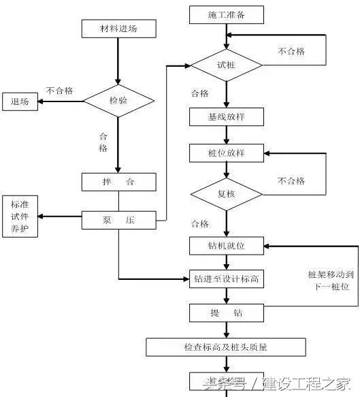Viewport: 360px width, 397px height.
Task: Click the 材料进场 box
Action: tap(118, 29)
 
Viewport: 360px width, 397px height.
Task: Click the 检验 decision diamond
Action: tap(118, 100)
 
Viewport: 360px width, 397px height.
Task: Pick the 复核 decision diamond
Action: tap(225, 193)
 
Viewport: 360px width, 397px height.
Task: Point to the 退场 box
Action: tap(20, 101)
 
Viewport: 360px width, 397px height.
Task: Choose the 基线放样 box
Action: tap(225, 116)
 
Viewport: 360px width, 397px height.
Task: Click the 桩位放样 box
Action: tap(225, 153)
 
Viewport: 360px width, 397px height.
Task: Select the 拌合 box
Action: tap(118, 182)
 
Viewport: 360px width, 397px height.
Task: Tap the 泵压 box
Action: tap(118, 220)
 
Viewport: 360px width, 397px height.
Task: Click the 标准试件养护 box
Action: tap(20, 217)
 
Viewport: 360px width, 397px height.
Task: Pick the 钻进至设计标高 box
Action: tap(225, 279)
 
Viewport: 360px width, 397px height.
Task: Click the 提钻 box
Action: tap(225, 313)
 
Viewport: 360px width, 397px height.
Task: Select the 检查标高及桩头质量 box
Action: tap(225, 347)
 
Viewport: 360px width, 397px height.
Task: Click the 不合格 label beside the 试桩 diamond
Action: tap(291, 51)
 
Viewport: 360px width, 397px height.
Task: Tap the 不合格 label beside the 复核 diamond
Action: tap(291, 180)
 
